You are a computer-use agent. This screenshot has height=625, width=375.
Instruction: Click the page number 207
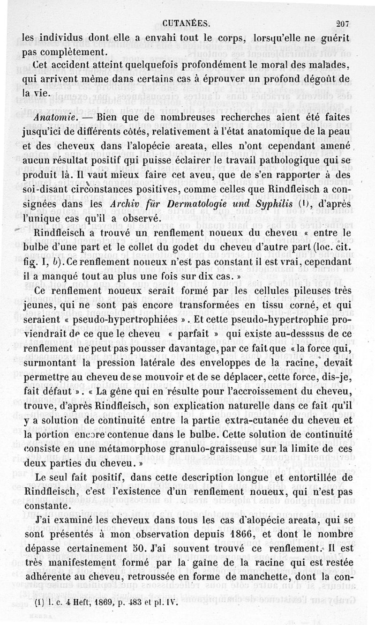click(349, 22)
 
